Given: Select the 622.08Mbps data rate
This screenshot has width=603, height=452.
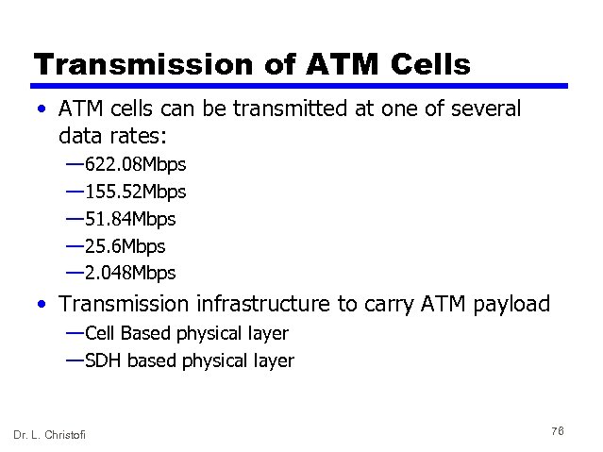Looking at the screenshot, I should point(135,165).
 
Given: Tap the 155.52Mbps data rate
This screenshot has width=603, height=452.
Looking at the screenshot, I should point(135,192).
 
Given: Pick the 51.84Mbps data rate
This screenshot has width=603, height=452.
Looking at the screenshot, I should point(130,219).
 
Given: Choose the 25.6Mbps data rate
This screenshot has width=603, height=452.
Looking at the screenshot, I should point(125,246).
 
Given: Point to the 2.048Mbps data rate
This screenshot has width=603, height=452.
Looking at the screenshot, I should point(130,273).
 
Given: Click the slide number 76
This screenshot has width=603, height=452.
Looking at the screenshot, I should point(557,430).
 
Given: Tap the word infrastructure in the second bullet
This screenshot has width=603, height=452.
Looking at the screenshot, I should point(262,304).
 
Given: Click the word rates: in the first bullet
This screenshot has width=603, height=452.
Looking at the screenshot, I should point(137,135).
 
